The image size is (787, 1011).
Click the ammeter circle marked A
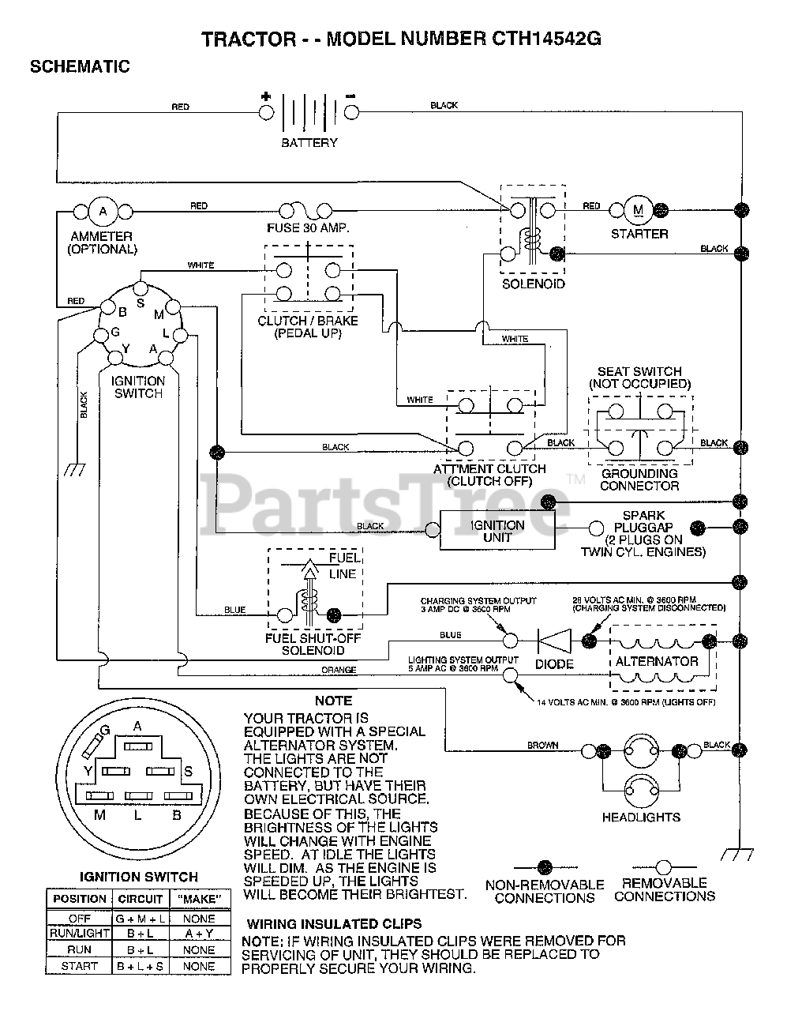point(103,212)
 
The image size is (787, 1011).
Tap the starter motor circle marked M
point(638,210)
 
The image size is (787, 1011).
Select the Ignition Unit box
point(497,530)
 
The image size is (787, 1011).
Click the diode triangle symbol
point(554,641)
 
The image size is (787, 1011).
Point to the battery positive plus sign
point(266,96)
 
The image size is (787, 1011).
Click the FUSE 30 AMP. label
point(308,228)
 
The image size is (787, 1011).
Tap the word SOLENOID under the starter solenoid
point(533,284)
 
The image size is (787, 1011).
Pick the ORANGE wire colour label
point(339,670)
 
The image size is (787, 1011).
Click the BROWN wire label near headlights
point(542,745)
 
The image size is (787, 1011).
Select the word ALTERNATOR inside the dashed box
point(657,661)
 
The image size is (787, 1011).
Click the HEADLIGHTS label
point(641,817)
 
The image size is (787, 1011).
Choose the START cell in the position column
point(80,966)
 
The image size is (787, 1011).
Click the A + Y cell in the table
point(199,934)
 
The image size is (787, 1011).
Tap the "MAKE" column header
point(200,899)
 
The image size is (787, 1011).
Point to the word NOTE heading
point(333,701)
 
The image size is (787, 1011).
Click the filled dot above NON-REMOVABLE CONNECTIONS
point(545,868)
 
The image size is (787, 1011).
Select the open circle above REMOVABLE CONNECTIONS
point(664,867)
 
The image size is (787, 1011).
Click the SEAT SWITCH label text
point(639,371)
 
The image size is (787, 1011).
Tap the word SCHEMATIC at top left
point(80,66)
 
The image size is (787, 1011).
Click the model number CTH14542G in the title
point(546,39)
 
